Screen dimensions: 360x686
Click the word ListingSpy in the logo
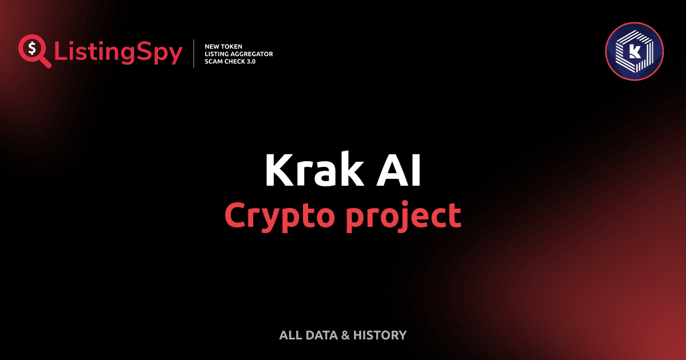click(x=118, y=53)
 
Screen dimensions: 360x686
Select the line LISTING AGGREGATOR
click(x=238, y=54)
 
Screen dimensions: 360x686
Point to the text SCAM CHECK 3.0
click(x=230, y=61)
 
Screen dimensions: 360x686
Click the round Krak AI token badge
click(x=634, y=51)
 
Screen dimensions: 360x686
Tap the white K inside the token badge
click(x=633, y=52)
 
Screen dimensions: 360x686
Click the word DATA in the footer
click(x=321, y=335)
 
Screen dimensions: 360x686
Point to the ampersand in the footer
click(x=345, y=335)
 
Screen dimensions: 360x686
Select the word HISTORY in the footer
click(x=380, y=335)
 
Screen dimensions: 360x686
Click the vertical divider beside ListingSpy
click(x=194, y=53)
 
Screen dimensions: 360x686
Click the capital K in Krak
click(x=278, y=170)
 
